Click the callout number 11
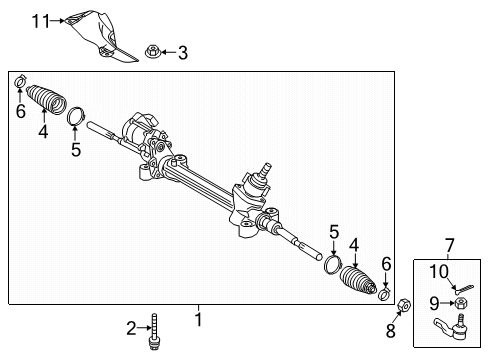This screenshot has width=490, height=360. click(38, 19)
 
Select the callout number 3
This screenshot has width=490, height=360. click(182, 52)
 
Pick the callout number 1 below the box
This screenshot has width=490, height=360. click(198, 320)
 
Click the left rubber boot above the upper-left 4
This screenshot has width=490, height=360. click(45, 100)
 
